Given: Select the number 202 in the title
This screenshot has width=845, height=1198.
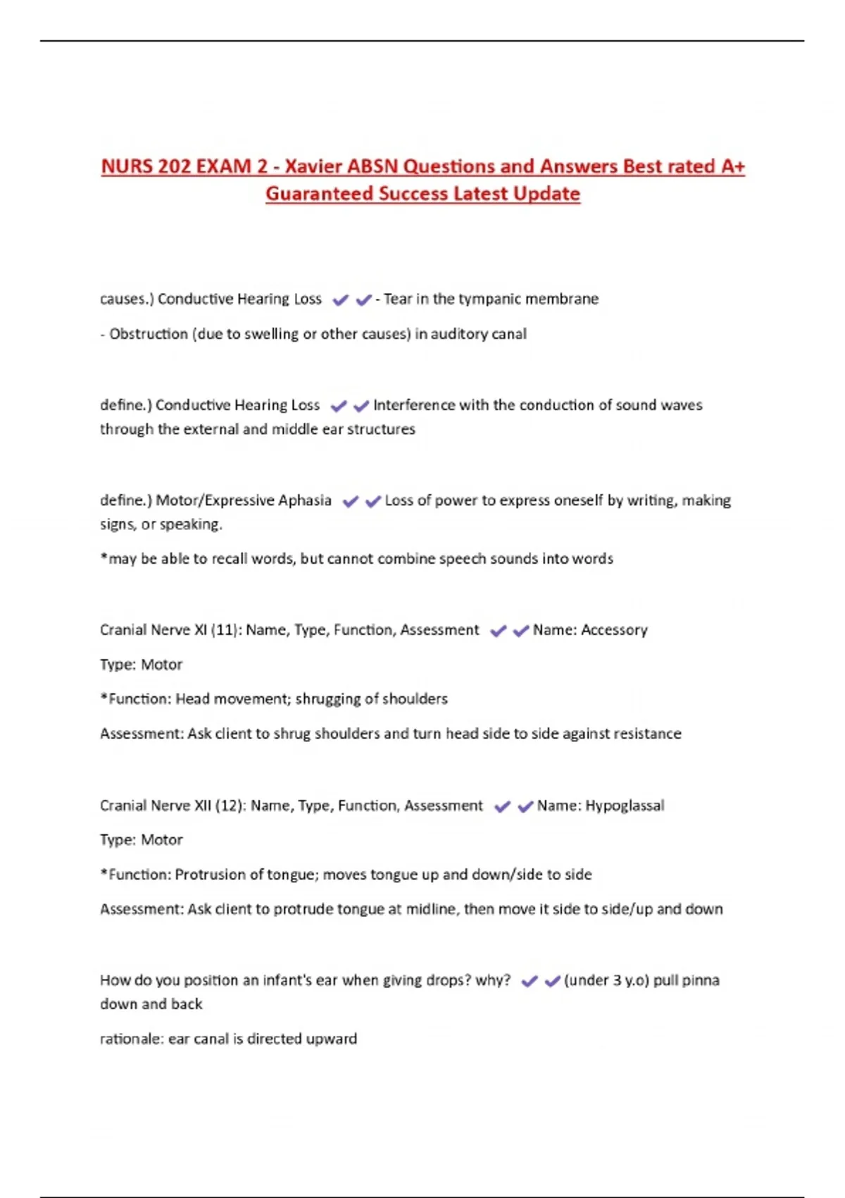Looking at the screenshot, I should [x=174, y=166].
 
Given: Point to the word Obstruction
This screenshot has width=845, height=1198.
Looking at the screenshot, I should [x=148, y=334].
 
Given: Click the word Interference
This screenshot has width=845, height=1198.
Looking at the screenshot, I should [x=413, y=405].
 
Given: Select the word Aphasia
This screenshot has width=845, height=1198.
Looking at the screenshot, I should [x=304, y=500].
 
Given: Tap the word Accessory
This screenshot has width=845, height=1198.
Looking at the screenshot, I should [x=614, y=630].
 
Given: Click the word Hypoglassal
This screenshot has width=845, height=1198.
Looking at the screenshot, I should [x=625, y=805].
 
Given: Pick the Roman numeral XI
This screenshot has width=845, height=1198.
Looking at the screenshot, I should [x=200, y=630].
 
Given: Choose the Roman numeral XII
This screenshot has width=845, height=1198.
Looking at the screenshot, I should [x=202, y=805].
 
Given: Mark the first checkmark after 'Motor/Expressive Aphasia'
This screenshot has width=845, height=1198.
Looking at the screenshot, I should [x=351, y=501].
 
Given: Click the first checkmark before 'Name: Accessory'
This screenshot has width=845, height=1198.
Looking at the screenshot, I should [x=498, y=631].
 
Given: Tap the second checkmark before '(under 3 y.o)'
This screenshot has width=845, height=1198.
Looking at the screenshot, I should [x=552, y=981].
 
